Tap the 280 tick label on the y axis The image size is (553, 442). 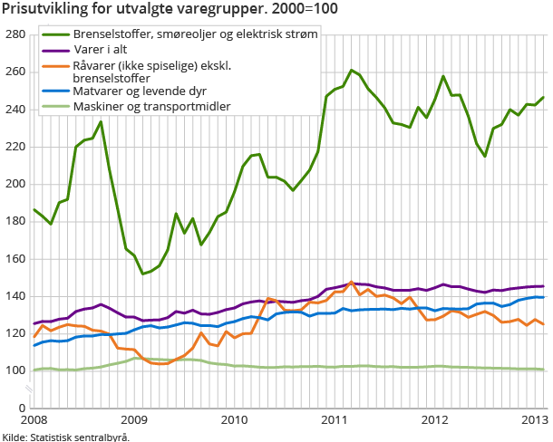tap(14, 34)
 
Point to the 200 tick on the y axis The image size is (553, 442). tap(14, 184)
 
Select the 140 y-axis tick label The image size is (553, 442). tap(14, 296)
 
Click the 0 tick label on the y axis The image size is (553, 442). tap(20, 408)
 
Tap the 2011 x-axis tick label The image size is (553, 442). tap(335, 420)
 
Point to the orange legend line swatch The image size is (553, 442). tap(57, 65)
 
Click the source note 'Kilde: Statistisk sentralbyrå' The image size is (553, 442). tap(65, 437)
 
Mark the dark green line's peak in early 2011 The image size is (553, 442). tap(351, 70)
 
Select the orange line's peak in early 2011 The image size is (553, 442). tap(351, 283)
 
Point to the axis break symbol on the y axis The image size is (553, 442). tap(28, 389)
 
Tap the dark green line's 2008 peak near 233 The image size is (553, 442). tap(101, 121)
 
